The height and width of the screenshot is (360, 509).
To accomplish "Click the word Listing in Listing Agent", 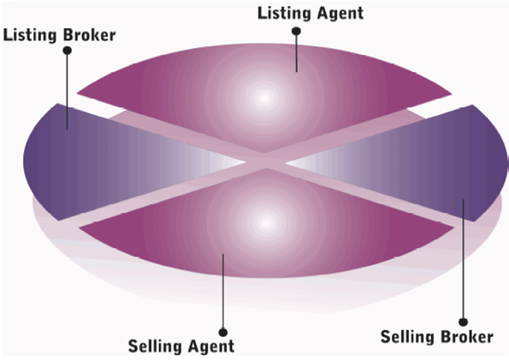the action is coord(284,14).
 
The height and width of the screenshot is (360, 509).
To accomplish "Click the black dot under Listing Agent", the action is coord(296,31).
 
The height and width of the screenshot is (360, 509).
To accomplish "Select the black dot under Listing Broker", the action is coord(68,50).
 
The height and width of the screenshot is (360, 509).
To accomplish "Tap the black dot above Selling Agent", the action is coord(223,333).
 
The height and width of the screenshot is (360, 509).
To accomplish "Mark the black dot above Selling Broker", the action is coord(463,322).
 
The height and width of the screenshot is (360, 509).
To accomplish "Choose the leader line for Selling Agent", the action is coord(223,292).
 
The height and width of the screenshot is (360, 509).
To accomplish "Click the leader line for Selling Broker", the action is coord(463,259).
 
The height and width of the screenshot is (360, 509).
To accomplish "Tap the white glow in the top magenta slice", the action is coord(264,97).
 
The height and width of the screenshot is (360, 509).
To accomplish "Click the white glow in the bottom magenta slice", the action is coord(266,223).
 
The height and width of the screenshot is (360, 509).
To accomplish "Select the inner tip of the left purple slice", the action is coord(246,162).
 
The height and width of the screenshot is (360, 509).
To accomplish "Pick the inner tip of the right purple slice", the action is coord(286,162).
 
